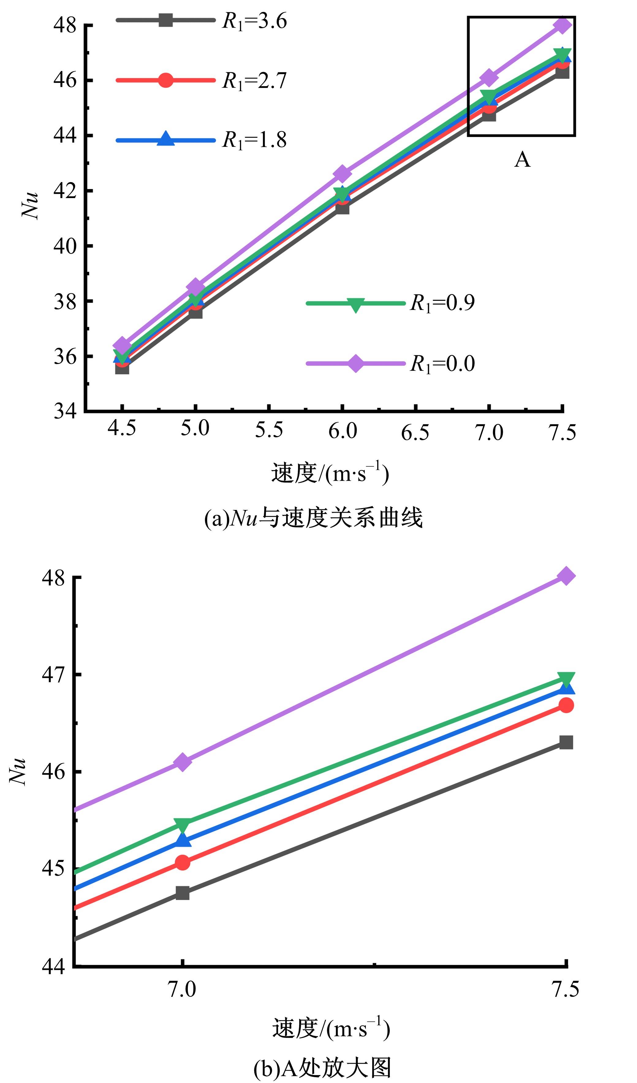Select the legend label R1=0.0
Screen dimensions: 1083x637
coord(442,364)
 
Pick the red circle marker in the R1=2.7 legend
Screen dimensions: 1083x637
coord(165,80)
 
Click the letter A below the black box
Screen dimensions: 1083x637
coord(522,160)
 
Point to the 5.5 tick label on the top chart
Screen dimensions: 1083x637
coord(269,430)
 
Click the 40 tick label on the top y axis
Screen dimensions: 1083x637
coord(64,246)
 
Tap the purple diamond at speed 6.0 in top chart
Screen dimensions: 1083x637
coord(342,174)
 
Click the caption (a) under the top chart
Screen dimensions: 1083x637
coord(313,518)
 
